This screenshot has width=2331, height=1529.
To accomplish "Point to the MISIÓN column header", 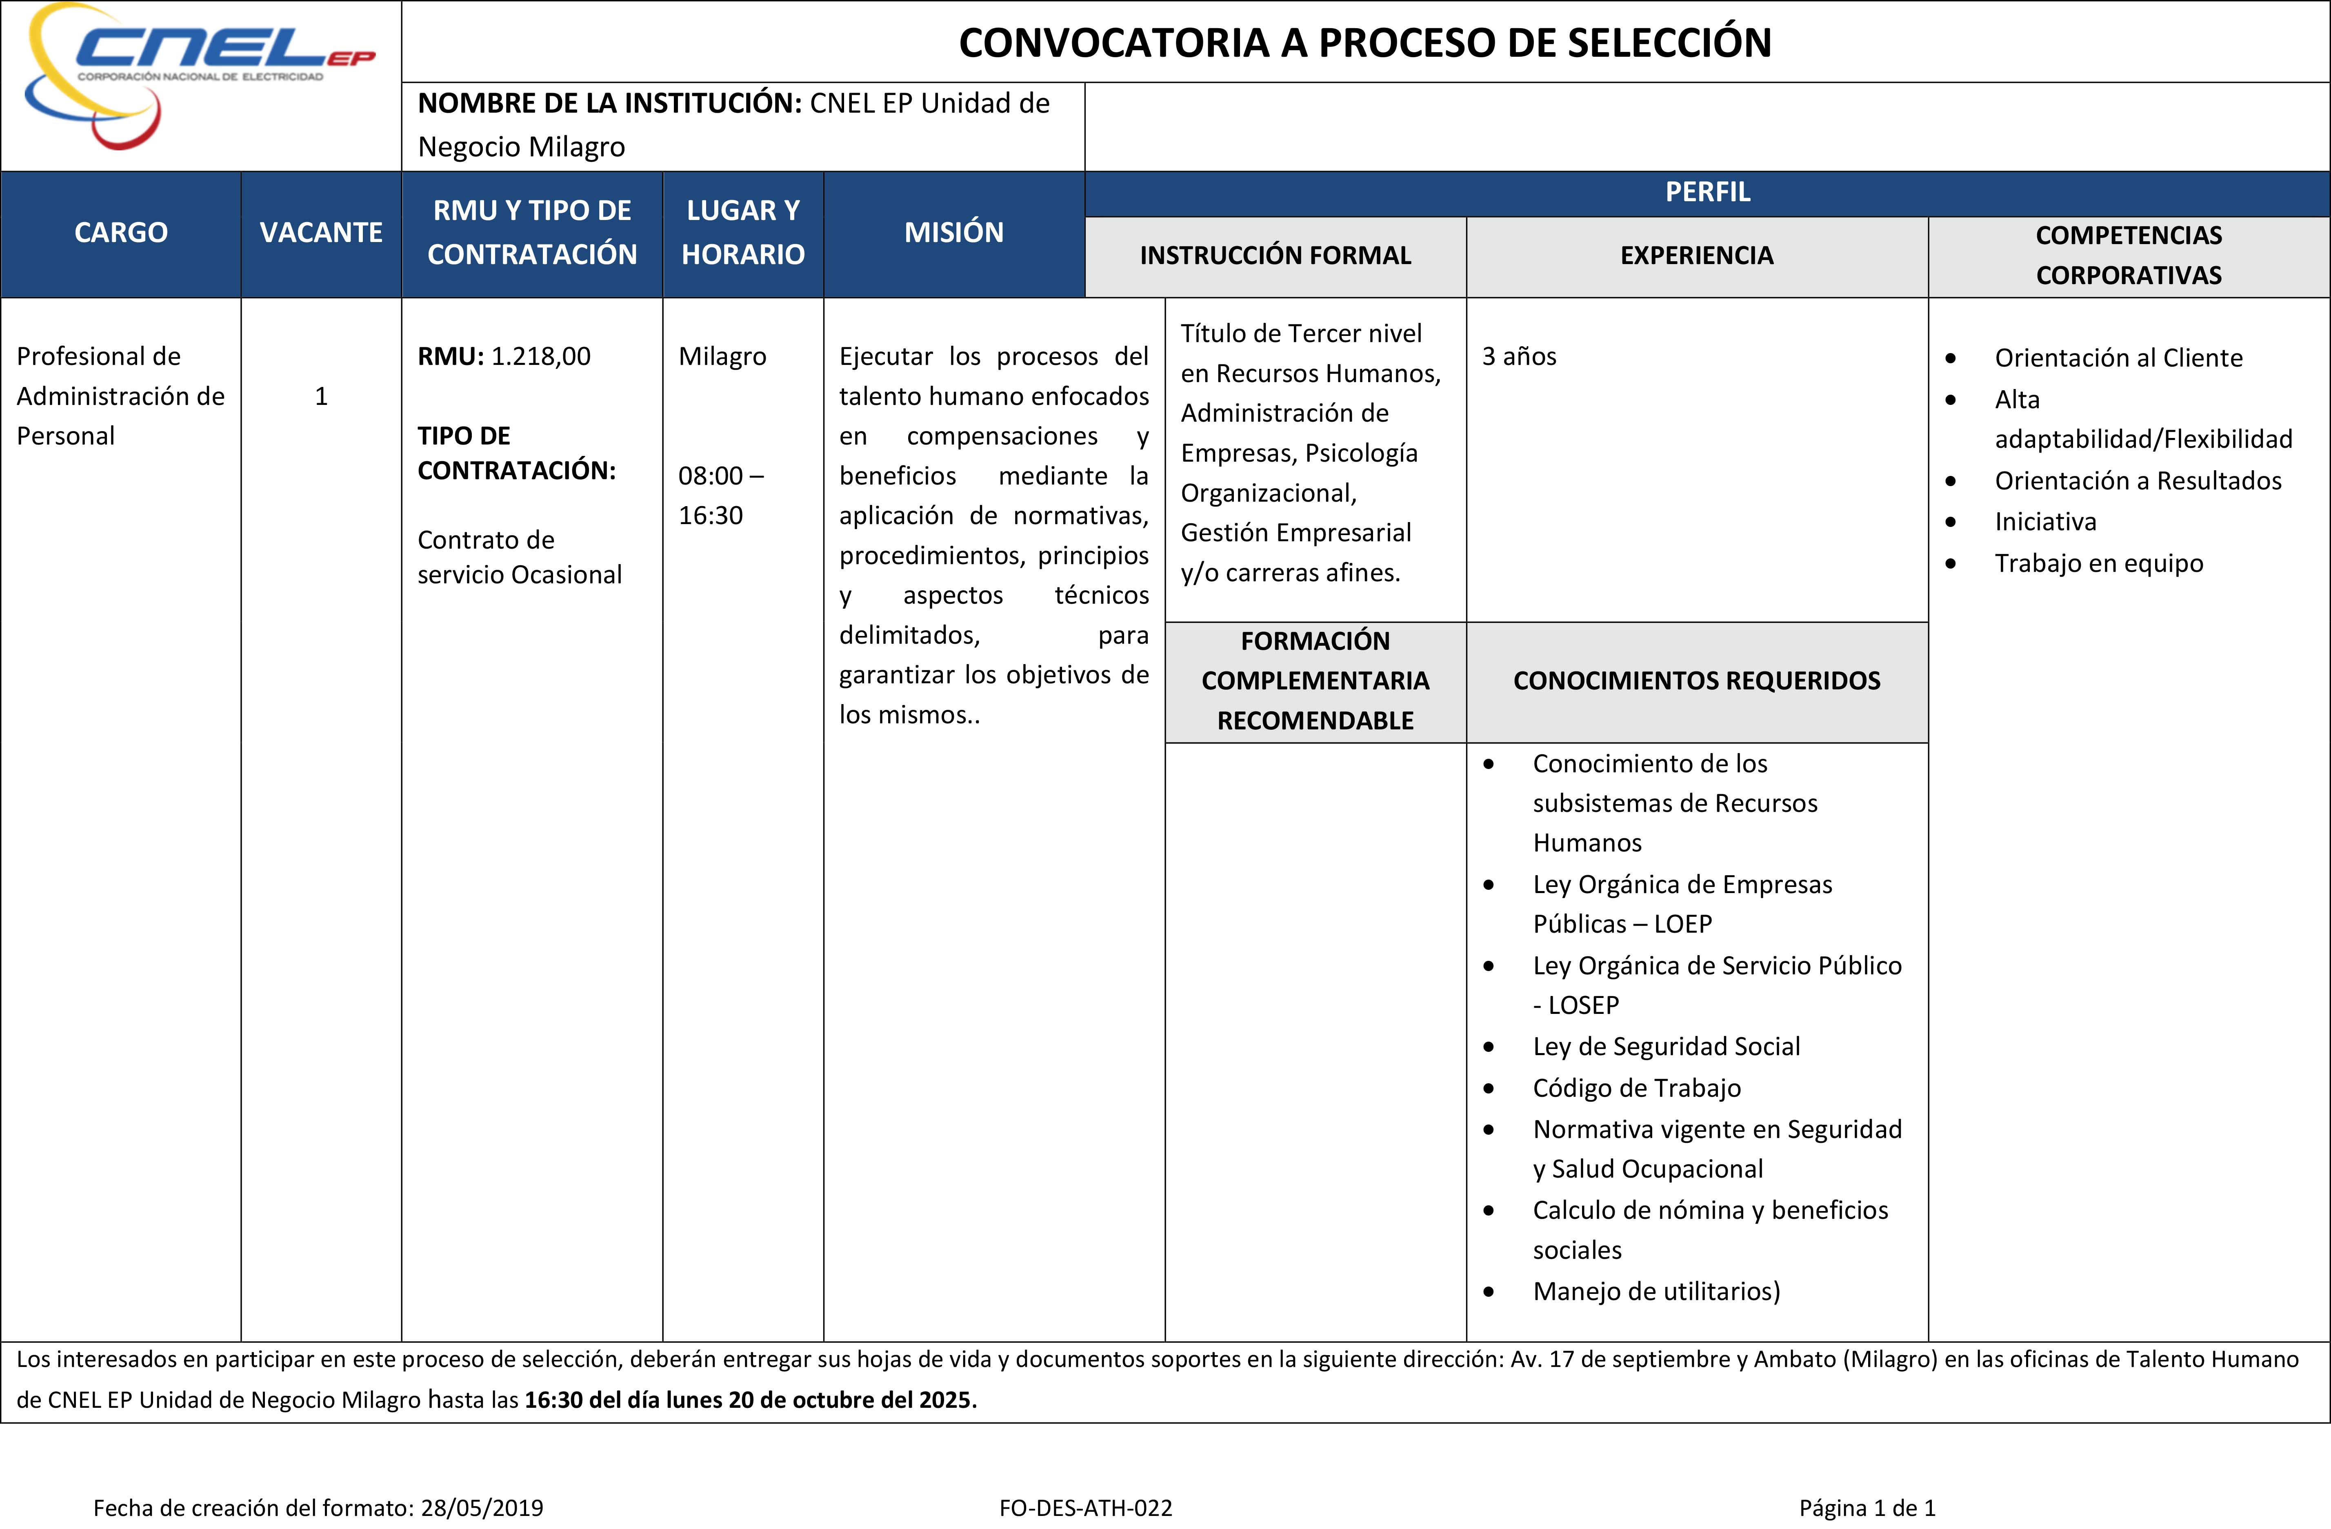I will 953,233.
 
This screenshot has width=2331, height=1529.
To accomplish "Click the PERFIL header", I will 1707,192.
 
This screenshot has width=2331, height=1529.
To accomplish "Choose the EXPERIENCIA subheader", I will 1696,256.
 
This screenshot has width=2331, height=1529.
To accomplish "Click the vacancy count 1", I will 320,397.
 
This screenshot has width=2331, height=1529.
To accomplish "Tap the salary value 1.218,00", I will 541,357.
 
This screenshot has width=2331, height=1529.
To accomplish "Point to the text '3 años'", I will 1519,357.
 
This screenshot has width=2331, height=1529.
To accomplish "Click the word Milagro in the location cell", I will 722,357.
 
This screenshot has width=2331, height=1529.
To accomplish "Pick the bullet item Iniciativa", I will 2045,522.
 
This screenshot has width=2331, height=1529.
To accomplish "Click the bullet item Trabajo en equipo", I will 2098,563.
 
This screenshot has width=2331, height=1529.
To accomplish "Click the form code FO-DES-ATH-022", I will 1085,1509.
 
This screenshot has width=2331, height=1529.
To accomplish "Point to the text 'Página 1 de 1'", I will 1867,1509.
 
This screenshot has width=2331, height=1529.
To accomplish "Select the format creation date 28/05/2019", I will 482,1509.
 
